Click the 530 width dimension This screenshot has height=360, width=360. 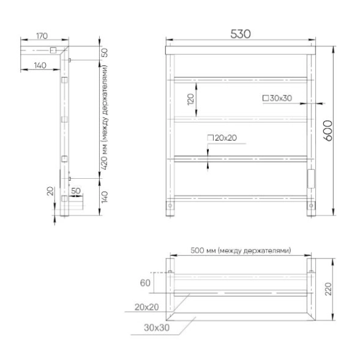pos(241,34)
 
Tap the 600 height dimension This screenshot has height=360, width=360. pos(328,130)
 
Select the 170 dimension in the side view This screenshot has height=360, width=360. pos(42,36)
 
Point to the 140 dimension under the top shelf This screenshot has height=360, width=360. pos(40,66)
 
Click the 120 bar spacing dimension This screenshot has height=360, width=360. pos(191,99)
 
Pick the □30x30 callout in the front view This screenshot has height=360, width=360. pos(277,98)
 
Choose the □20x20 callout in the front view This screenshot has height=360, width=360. pos(222,138)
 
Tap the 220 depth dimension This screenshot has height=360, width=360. pos(329,289)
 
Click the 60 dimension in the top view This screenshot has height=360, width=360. pos(145,283)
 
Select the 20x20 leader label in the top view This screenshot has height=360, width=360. pos(147,307)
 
